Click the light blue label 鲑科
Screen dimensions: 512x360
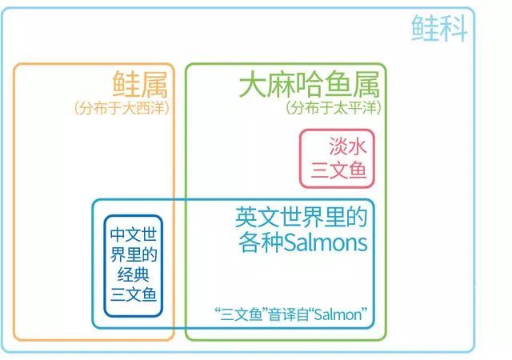click(439, 28)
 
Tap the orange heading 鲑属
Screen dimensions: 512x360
click(140, 84)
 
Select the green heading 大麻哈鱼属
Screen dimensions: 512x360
click(310, 84)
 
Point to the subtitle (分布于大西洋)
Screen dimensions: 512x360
click(122, 108)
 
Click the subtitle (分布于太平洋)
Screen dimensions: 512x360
click(334, 108)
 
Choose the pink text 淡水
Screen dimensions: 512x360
click(347, 146)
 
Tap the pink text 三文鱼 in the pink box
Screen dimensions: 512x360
click(338, 170)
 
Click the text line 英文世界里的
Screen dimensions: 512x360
click(302, 217)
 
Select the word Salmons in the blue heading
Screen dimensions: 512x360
click(326, 242)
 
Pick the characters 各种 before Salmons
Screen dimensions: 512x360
click(261, 242)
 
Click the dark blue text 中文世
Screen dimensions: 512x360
click(134, 234)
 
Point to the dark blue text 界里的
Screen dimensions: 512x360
click(134, 254)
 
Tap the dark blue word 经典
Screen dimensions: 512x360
click(134, 274)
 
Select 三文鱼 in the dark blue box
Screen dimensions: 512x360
click(134, 294)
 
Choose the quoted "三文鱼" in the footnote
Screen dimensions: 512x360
click(241, 314)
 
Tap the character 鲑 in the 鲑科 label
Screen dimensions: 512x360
click(425, 28)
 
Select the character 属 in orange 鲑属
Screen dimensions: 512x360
click(154, 84)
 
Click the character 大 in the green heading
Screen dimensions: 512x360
click(252, 84)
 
